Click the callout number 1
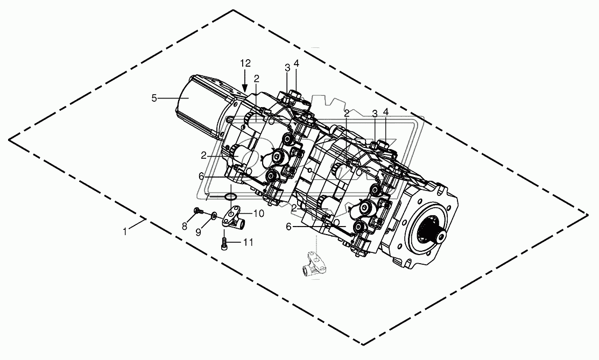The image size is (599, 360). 125,231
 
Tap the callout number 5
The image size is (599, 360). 154,98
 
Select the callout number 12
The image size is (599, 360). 245,63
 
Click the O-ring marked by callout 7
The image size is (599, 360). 230,196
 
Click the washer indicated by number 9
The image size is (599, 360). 214,216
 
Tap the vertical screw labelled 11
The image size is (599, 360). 224,244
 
